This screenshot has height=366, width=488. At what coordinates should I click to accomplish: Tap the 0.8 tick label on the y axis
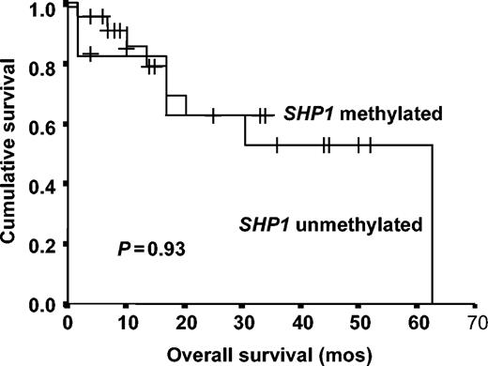(43, 66)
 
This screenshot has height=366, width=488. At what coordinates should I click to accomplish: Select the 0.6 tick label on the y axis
(43, 125)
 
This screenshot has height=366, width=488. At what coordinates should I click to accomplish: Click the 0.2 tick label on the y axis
(43, 245)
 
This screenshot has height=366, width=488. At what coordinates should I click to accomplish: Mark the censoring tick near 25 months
(213, 115)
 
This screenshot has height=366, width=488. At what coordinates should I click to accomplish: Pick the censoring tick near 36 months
(277, 145)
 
